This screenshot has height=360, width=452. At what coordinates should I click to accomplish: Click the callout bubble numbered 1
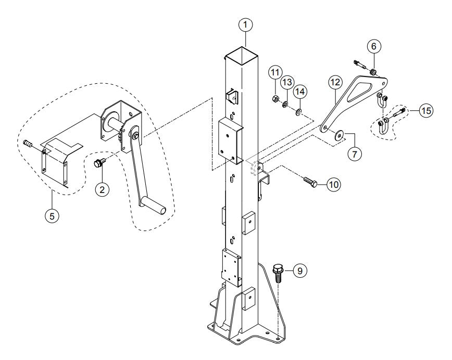[x=245, y=24]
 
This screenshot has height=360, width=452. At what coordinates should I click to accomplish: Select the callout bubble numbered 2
[x=102, y=189]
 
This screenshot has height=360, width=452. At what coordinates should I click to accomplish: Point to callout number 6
[x=372, y=46]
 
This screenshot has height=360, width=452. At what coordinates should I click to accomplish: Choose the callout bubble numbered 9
[x=299, y=270]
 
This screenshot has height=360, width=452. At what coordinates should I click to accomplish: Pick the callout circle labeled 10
[x=333, y=184]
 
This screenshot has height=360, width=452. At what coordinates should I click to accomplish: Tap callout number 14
[x=299, y=92]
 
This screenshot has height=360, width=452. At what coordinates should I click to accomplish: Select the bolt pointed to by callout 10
[x=310, y=182]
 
